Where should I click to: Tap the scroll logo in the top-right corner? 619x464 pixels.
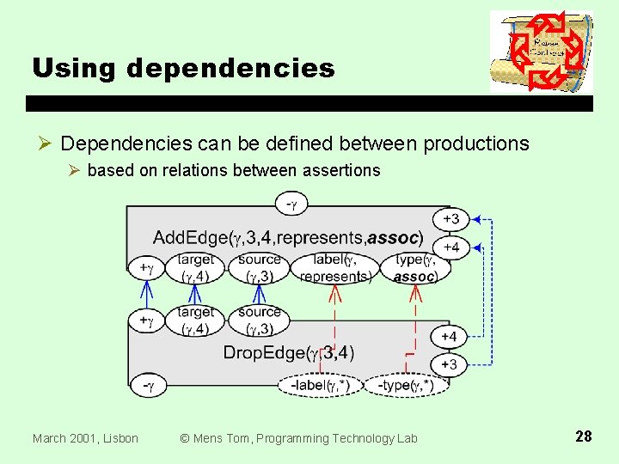541,52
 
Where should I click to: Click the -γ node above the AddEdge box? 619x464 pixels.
292,205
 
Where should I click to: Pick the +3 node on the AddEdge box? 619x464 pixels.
450,218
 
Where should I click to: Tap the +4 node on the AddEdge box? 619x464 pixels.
450,247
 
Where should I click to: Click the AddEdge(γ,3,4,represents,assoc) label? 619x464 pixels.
287,236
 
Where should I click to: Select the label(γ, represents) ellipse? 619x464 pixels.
334,268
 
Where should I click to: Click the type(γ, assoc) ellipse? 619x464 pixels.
414,268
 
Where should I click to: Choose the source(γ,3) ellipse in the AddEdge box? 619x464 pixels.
259,268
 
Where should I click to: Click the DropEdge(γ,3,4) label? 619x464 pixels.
288,352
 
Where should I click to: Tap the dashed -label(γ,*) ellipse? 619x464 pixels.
319,386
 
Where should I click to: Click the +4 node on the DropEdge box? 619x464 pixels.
449,336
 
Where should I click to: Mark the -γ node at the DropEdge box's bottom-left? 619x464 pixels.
148,387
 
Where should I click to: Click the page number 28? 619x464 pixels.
583,437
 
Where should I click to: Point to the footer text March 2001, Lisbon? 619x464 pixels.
85,438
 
